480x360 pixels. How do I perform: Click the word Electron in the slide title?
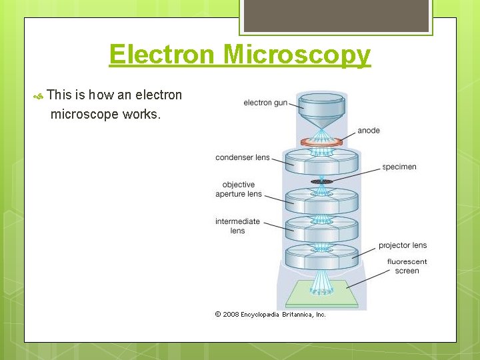(x=163, y=54)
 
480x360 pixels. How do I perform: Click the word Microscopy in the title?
(x=297, y=55)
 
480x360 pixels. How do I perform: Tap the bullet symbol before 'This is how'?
(x=39, y=97)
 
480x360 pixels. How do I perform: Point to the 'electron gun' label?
(x=265, y=103)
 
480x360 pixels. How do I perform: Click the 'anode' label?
(x=369, y=130)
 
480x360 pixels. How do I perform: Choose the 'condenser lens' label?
(x=242, y=157)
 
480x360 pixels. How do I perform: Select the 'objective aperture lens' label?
(x=239, y=189)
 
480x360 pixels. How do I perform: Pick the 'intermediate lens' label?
(x=237, y=226)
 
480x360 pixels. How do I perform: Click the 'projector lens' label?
(x=403, y=245)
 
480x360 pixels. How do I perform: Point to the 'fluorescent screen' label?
(x=407, y=266)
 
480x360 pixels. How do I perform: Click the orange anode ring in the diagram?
(x=321, y=141)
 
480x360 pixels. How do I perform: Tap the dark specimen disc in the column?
(x=321, y=181)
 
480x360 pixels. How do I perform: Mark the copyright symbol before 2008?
(x=218, y=314)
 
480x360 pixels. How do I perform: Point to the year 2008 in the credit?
(x=231, y=314)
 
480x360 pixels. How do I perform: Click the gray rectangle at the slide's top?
(x=335, y=15)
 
